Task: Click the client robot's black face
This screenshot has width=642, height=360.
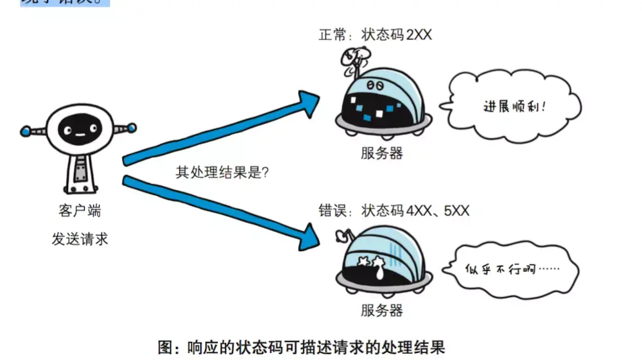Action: [78, 131]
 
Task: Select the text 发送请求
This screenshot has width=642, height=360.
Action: [80, 239]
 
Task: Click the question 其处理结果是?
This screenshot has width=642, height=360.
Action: [222, 173]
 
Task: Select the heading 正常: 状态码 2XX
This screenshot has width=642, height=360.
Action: [376, 35]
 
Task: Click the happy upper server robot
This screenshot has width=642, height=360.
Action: [381, 103]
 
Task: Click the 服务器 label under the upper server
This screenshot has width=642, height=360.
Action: [381, 154]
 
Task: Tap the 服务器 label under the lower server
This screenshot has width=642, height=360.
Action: [381, 311]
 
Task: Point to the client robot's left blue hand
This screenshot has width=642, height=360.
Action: [25, 130]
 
